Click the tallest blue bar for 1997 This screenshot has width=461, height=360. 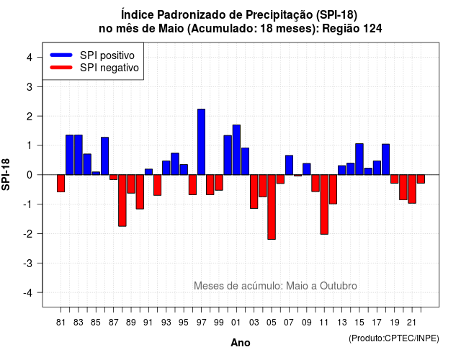202,142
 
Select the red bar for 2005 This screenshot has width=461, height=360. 272,207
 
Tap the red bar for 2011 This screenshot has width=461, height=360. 324,204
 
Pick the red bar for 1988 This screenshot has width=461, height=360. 122,200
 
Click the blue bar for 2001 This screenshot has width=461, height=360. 236,150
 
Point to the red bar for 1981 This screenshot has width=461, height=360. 61,184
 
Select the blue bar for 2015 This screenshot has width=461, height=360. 359,159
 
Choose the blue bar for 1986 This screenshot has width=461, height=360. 104,156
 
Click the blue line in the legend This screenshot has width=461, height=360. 61,55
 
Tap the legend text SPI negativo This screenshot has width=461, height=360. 109,68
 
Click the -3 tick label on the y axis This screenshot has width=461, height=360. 27,263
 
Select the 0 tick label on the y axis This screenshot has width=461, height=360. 30,175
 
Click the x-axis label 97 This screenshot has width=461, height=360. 202,323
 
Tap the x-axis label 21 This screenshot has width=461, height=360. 411,323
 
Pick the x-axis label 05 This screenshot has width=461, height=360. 272,323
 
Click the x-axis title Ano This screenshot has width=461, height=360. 241,343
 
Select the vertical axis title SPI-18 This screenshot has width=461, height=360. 6,174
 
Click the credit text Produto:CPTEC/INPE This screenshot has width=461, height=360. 394,338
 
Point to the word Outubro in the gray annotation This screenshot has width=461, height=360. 339,286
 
